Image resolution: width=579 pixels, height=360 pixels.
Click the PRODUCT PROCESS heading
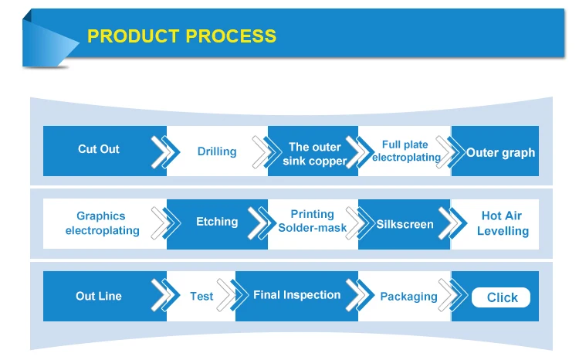(181, 36)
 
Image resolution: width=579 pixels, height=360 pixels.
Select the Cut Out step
(99, 149)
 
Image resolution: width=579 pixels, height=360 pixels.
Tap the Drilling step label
(217, 151)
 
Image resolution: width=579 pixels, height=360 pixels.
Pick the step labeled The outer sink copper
(315, 154)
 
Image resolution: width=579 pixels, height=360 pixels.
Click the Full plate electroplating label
(406, 151)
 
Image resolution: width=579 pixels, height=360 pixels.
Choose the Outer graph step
(500, 153)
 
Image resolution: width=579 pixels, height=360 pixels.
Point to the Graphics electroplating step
(102, 222)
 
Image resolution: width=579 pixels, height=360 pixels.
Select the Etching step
(217, 222)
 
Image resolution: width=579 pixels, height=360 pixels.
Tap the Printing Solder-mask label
(313, 221)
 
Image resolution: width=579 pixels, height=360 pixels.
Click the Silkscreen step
(405, 224)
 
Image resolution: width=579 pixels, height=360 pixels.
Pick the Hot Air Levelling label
(503, 223)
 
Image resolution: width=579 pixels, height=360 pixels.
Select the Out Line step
(99, 296)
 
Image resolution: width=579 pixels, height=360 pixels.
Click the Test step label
(201, 296)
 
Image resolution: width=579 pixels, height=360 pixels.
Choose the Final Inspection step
(297, 295)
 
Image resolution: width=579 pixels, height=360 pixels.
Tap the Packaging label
(408, 297)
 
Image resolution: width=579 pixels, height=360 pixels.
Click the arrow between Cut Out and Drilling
(165, 152)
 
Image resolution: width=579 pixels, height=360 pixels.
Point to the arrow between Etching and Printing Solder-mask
(262, 222)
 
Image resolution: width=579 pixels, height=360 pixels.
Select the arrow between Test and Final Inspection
(232, 295)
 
